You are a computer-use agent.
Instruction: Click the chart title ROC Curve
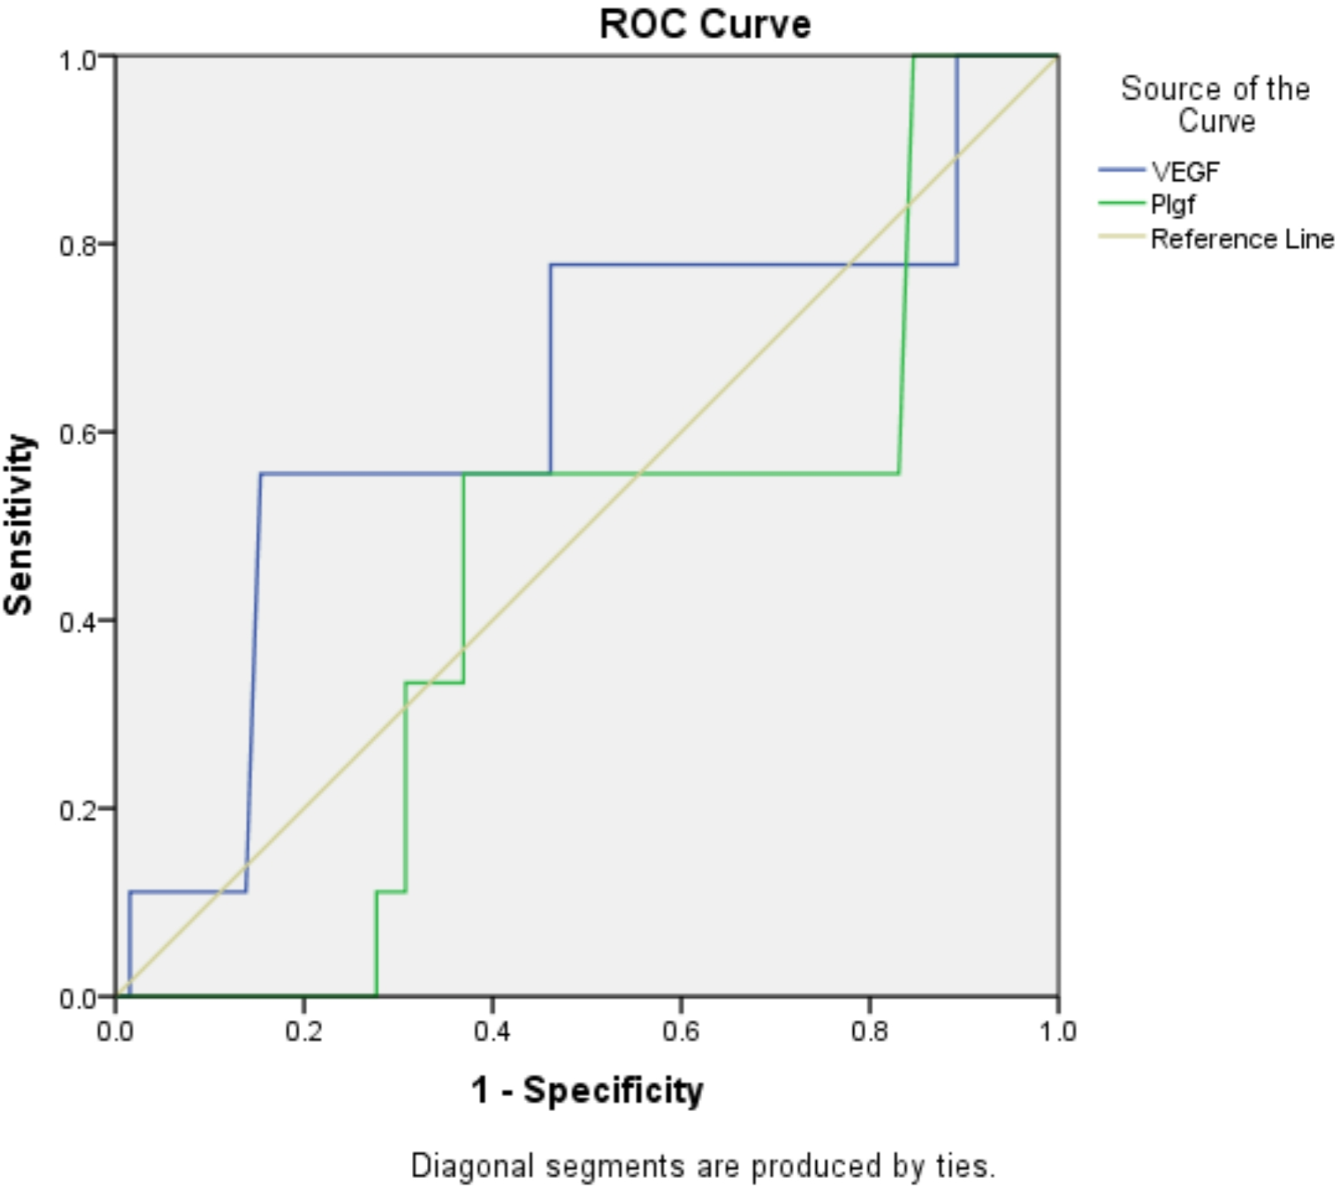coord(705,25)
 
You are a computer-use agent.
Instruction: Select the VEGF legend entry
coord(1185,172)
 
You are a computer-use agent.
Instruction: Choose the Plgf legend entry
coord(1173,205)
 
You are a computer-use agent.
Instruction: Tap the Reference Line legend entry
coord(1241,239)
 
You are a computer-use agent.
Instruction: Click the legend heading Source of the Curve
coord(1216,105)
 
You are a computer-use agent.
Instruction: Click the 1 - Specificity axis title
coord(587,1090)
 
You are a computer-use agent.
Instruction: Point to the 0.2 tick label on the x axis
coord(304,1032)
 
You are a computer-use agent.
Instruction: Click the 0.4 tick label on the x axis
coord(492,1032)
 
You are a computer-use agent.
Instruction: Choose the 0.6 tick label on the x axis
coord(681,1032)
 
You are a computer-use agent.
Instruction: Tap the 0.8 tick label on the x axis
coord(869,1032)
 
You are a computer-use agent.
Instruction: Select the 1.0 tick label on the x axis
coord(1057,1032)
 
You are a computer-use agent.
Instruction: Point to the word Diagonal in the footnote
coord(472,1166)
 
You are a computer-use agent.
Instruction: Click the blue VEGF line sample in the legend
coord(1121,170)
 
